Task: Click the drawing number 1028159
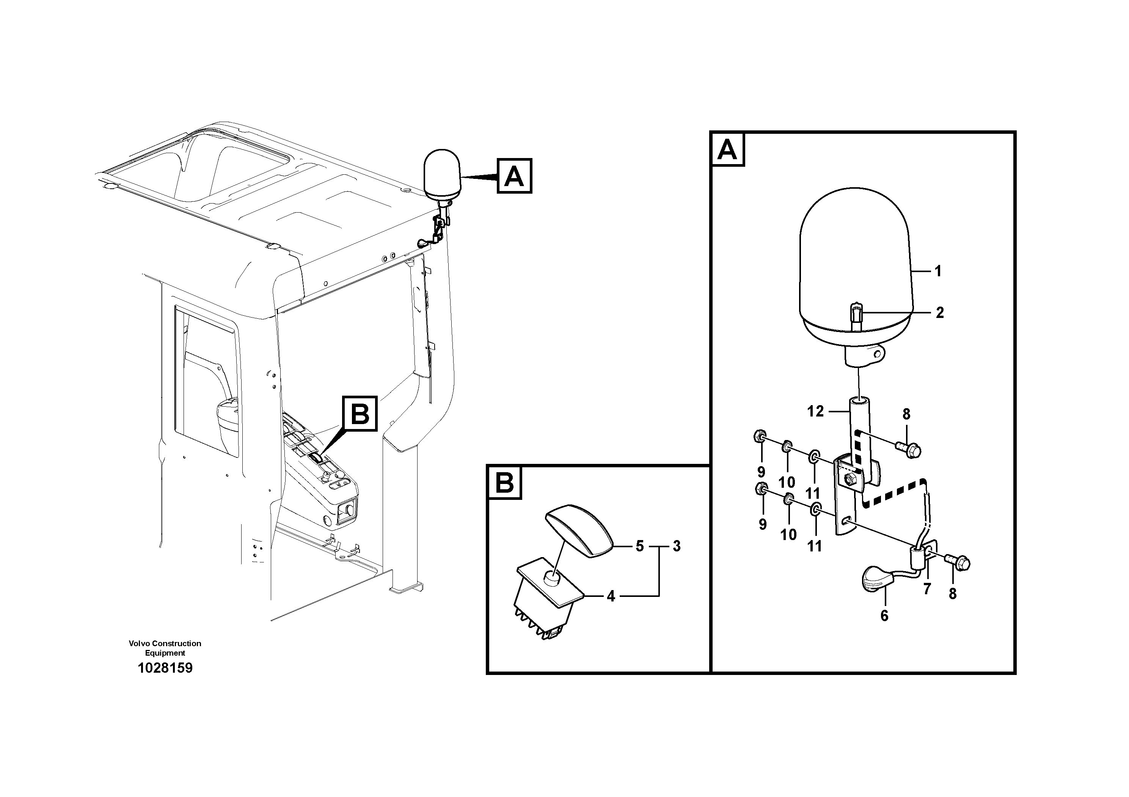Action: point(165,668)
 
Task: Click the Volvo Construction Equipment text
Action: point(165,648)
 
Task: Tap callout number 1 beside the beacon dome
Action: point(938,271)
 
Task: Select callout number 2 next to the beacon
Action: point(940,313)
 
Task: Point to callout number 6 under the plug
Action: point(884,616)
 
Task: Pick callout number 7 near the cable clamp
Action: point(927,589)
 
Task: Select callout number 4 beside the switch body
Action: point(611,597)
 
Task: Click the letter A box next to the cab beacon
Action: point(514,176)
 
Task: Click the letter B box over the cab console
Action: point(360,414)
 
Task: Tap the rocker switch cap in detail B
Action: point(578,531)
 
